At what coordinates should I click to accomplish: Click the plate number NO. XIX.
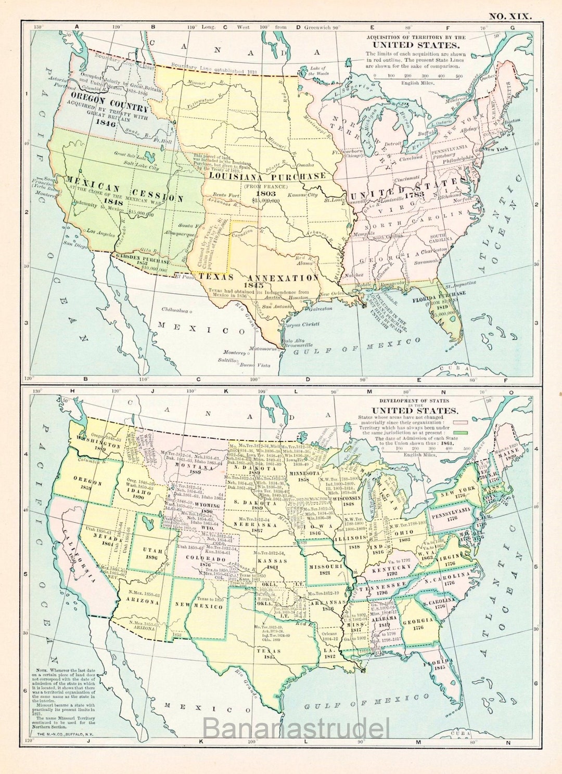(510, 16)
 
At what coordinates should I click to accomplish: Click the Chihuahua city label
(174, 310)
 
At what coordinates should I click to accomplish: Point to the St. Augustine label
(460, 284)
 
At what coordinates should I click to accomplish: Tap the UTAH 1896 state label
(152, 554)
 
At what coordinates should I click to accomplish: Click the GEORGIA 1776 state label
(418, 624)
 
